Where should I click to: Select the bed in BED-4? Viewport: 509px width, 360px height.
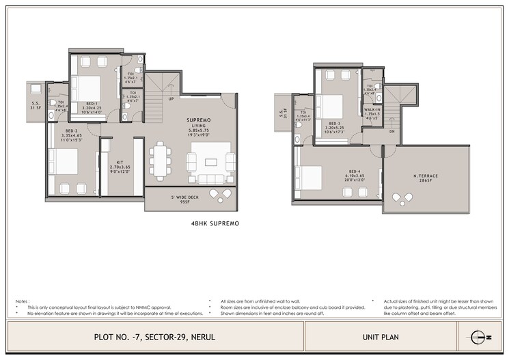[308, 178]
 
